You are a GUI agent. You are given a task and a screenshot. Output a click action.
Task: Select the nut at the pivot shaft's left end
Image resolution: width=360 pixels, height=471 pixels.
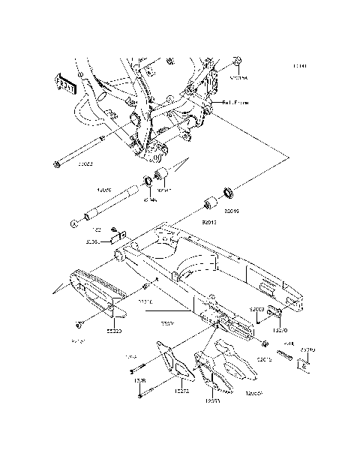click(x=58, y=164)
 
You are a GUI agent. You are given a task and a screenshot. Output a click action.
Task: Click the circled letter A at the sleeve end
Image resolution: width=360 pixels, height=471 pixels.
click(x=74, y=223)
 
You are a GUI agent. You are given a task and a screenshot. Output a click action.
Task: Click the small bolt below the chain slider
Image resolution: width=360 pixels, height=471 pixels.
click(x=79, y=325)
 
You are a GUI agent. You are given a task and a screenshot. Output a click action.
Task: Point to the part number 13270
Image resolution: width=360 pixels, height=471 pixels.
click(x=280, y=328)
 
